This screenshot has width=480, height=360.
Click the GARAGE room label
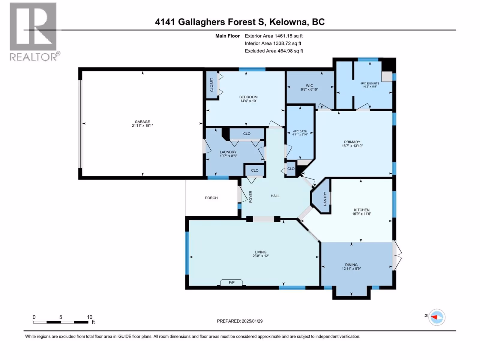coord(142,122)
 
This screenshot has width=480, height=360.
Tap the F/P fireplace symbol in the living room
coord(232,282)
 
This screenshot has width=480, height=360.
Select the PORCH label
coord(211,198)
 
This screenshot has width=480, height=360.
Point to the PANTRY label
coord(325,199)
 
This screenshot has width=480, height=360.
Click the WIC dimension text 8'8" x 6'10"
coord(309,89)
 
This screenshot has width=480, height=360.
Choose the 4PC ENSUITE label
coord(370,83)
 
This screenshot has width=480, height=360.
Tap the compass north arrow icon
coord(436,317)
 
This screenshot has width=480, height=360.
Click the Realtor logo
coord(34,31)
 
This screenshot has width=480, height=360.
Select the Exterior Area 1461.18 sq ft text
coord(274,36)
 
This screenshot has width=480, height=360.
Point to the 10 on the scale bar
coord(89,317)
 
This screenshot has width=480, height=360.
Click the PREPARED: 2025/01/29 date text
coord(240,321)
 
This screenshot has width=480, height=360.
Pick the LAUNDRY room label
coord(228,152)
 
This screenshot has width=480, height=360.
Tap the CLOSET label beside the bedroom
coord(212,85)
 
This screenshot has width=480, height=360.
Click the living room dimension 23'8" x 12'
coord(260,256)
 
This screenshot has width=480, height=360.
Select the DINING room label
coord(351,265)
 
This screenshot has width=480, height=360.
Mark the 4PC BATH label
coord(300,131)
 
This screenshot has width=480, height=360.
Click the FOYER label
coord(250,196)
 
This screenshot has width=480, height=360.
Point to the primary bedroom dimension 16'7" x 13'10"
coord(352,146)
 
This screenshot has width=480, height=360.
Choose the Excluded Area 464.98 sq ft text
coord(274,51)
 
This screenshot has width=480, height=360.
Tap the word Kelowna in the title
coord(288,22)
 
